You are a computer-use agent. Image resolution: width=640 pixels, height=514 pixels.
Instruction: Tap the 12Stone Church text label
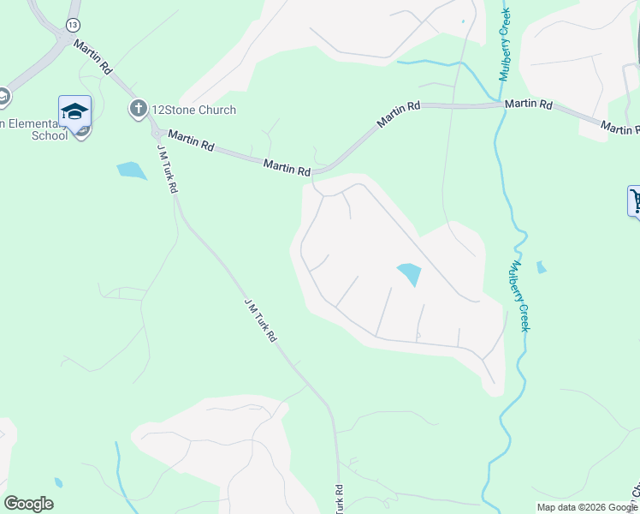point(193,110)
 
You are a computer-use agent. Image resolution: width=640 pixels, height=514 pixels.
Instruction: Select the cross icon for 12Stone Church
point(137,109)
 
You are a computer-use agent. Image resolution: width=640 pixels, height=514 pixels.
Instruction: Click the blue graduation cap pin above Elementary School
point(74,113)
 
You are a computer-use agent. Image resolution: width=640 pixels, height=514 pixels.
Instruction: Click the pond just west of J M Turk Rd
point(132,170)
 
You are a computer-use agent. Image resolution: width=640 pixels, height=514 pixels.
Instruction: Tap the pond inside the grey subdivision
point(409,274)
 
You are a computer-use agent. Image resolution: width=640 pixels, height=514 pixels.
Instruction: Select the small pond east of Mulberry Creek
point(541,267)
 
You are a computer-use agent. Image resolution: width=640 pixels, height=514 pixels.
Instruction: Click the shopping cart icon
point(635,202)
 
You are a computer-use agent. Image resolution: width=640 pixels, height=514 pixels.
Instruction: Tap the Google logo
point(28,504)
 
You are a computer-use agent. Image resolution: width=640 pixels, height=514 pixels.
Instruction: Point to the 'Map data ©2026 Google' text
point(586,506)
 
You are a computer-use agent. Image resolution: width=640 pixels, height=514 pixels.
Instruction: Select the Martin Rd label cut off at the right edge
point(620,128)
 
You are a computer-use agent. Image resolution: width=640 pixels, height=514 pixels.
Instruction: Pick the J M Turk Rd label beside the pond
point(167,168)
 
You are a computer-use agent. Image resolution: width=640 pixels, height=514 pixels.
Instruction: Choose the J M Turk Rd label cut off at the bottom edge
point(339,500)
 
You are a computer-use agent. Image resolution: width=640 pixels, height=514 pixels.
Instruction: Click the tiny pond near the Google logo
point(58,482)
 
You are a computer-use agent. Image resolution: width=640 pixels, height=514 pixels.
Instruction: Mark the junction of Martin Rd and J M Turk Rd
point(157,134)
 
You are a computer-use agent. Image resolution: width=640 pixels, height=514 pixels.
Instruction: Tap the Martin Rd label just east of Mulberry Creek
point(528,105)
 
